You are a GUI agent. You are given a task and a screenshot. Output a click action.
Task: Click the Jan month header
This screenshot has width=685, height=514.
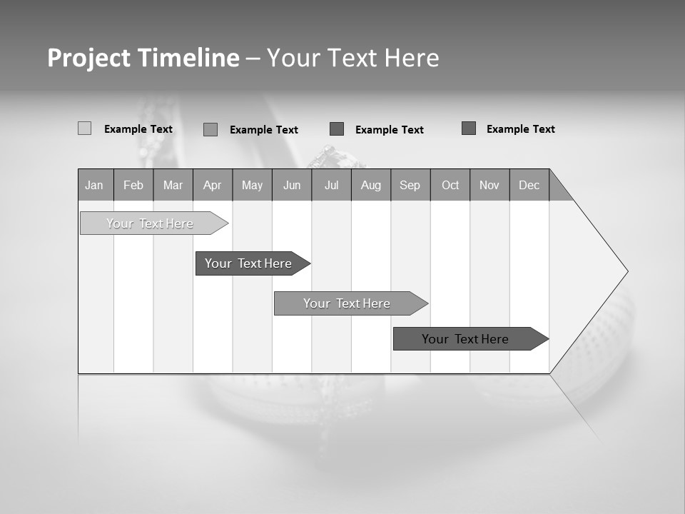pyautogui.click(x=95, y=185)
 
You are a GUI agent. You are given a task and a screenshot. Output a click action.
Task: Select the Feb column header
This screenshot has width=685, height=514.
pyautogui.click(x=133, y=185)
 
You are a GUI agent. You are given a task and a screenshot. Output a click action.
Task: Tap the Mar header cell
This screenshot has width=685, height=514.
pyautogui.click(x=173, y=185)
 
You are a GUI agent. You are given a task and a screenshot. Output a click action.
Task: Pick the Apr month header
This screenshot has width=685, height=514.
pyautogui.click(x=213, y=185)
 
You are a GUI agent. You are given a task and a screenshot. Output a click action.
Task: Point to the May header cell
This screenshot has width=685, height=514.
pyautogui.click(x=252, y=185)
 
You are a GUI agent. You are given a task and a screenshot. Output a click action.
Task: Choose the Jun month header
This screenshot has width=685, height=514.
pyautogui.click(x=292, y=185)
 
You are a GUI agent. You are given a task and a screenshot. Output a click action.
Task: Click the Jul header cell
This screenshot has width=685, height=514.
pyautogui.click(x=331, y=185)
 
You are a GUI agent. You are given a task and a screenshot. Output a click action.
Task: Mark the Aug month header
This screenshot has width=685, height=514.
pyautogui.click(x=371, y=185)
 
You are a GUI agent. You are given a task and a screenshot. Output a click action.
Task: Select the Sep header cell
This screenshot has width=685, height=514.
pyautogui.click(x=410, y=185)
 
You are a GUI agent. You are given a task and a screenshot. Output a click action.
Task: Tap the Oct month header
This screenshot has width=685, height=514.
pyautogui.click(x=450, y=185)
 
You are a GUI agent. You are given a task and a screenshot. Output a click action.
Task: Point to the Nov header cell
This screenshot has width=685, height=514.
pyautogui.click(x=489, y=185)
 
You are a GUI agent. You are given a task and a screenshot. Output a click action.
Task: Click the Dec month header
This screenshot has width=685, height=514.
pyautogui.click(x=529, y=185)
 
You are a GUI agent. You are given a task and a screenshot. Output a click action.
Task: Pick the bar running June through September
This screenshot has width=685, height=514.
pyautogui.click(x=347, y=303)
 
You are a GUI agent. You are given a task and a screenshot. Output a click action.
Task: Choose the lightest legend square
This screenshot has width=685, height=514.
pyautogui.click(x=84, y=128)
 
